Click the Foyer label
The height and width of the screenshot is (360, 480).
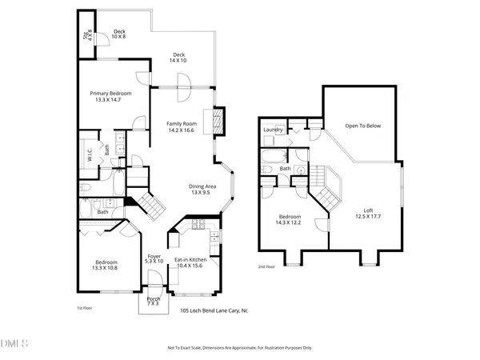click(x=154, y=258)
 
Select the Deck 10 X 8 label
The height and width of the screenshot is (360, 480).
click(x=119, y=34)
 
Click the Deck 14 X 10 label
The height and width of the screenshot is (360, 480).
click(x=178, y=58)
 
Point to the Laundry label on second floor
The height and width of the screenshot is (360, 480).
click(x=274, y=129)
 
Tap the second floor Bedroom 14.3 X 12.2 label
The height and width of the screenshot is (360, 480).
click(x=290, y=221)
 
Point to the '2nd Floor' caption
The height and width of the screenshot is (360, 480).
click(x=266, y=266)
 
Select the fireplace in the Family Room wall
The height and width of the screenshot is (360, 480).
click(x=217, y=121)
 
